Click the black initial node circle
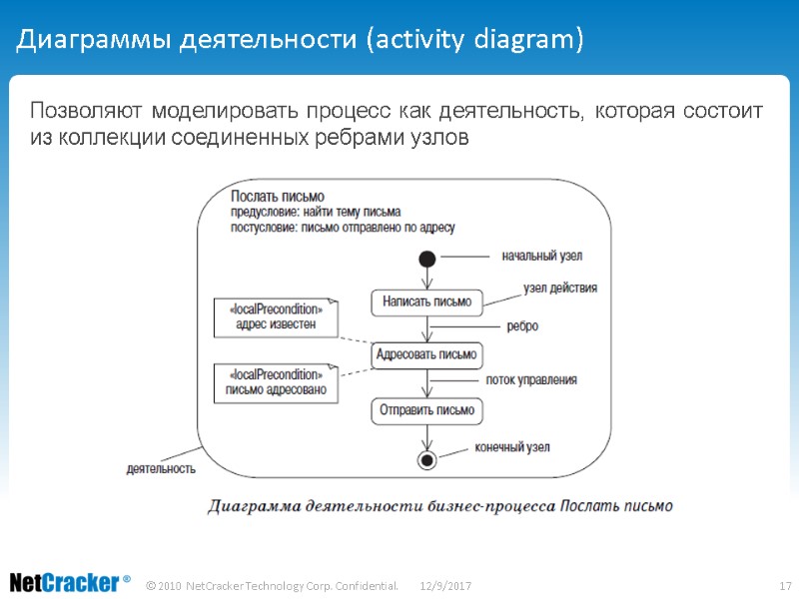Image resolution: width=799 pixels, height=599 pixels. point(427,260)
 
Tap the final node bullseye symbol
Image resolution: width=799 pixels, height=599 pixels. point(427,459)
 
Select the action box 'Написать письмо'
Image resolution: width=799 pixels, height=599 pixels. point(426,300)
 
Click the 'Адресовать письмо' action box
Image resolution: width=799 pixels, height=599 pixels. point(426,354)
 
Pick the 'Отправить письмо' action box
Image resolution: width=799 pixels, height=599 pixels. point(426,409)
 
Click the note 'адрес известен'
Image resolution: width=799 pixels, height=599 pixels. point(276,316)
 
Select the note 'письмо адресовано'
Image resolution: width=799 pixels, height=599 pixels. point(276,382)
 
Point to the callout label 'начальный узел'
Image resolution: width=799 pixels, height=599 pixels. point(542,256)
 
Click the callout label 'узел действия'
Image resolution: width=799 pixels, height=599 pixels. point(560,289)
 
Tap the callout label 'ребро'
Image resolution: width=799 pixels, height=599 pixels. point(523,325)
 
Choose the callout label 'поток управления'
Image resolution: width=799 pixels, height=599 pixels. point(531,379)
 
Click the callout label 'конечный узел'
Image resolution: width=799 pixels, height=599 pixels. point(512,447)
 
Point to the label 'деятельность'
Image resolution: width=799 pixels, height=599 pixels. point(161,467)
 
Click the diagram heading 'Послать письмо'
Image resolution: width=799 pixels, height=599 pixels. point(278,196)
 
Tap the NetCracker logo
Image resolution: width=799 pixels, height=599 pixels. point(70,582)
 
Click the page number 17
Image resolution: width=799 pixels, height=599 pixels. point(784,584)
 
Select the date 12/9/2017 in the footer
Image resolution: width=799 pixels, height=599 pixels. point(445,584)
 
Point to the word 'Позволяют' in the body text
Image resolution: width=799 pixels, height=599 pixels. point(82,110)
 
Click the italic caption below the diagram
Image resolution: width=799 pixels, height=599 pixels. point(439,505)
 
